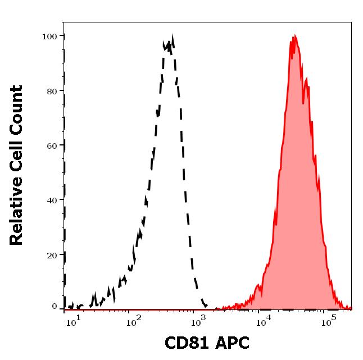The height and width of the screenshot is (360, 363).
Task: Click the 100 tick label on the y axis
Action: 50,37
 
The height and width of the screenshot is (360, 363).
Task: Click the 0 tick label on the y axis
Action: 55,307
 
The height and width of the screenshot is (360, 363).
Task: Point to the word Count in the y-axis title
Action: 17,107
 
